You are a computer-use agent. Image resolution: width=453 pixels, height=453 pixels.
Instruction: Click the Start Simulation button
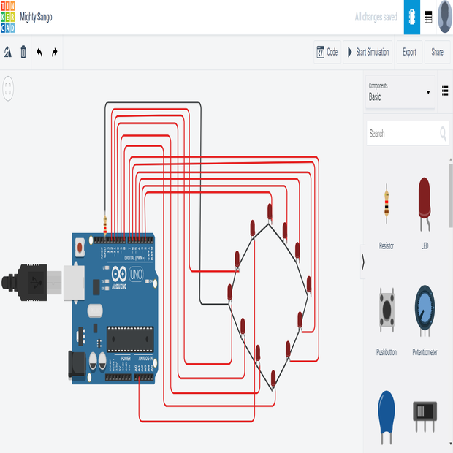[x=368, y=52]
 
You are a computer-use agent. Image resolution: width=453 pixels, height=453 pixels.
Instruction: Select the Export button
[x=409, y=52]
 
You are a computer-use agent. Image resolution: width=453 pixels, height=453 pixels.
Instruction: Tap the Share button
[x=437, y=52]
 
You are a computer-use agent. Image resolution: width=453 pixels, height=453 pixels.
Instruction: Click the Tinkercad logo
[x=7, y=16]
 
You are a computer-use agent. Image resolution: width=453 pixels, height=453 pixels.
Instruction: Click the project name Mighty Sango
[x=36, y=17]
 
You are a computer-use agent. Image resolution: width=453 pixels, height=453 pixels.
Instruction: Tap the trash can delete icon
[x=23, y=52]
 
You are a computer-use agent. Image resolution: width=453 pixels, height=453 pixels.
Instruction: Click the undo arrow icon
[x=39, y=52]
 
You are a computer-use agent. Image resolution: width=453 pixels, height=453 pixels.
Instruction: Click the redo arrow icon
[x=55, y=52]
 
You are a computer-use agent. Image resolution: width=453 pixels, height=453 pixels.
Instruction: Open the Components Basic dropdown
[x=400, y=92]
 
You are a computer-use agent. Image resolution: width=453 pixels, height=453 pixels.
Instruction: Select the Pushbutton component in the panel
[x=386, y=310]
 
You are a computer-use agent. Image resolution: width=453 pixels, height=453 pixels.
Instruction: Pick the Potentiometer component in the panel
[x=425, y=310]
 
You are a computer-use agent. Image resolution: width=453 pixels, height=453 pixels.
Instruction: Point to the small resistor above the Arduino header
[x=107, y=224]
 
